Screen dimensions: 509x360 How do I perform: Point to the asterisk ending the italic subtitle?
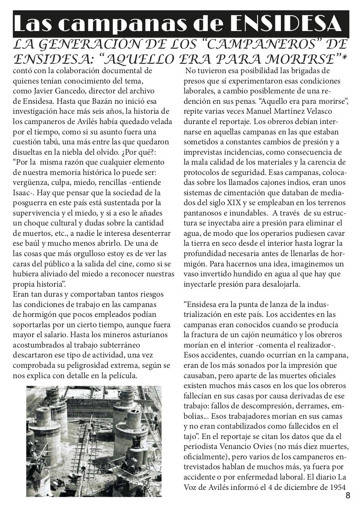click(344, 58)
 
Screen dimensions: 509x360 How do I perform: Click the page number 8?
click(348, 495)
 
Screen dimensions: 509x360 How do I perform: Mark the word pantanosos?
click(202, 213)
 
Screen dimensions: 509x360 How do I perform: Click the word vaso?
click(191, 274)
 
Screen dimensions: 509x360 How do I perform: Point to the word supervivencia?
click(40, 213)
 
